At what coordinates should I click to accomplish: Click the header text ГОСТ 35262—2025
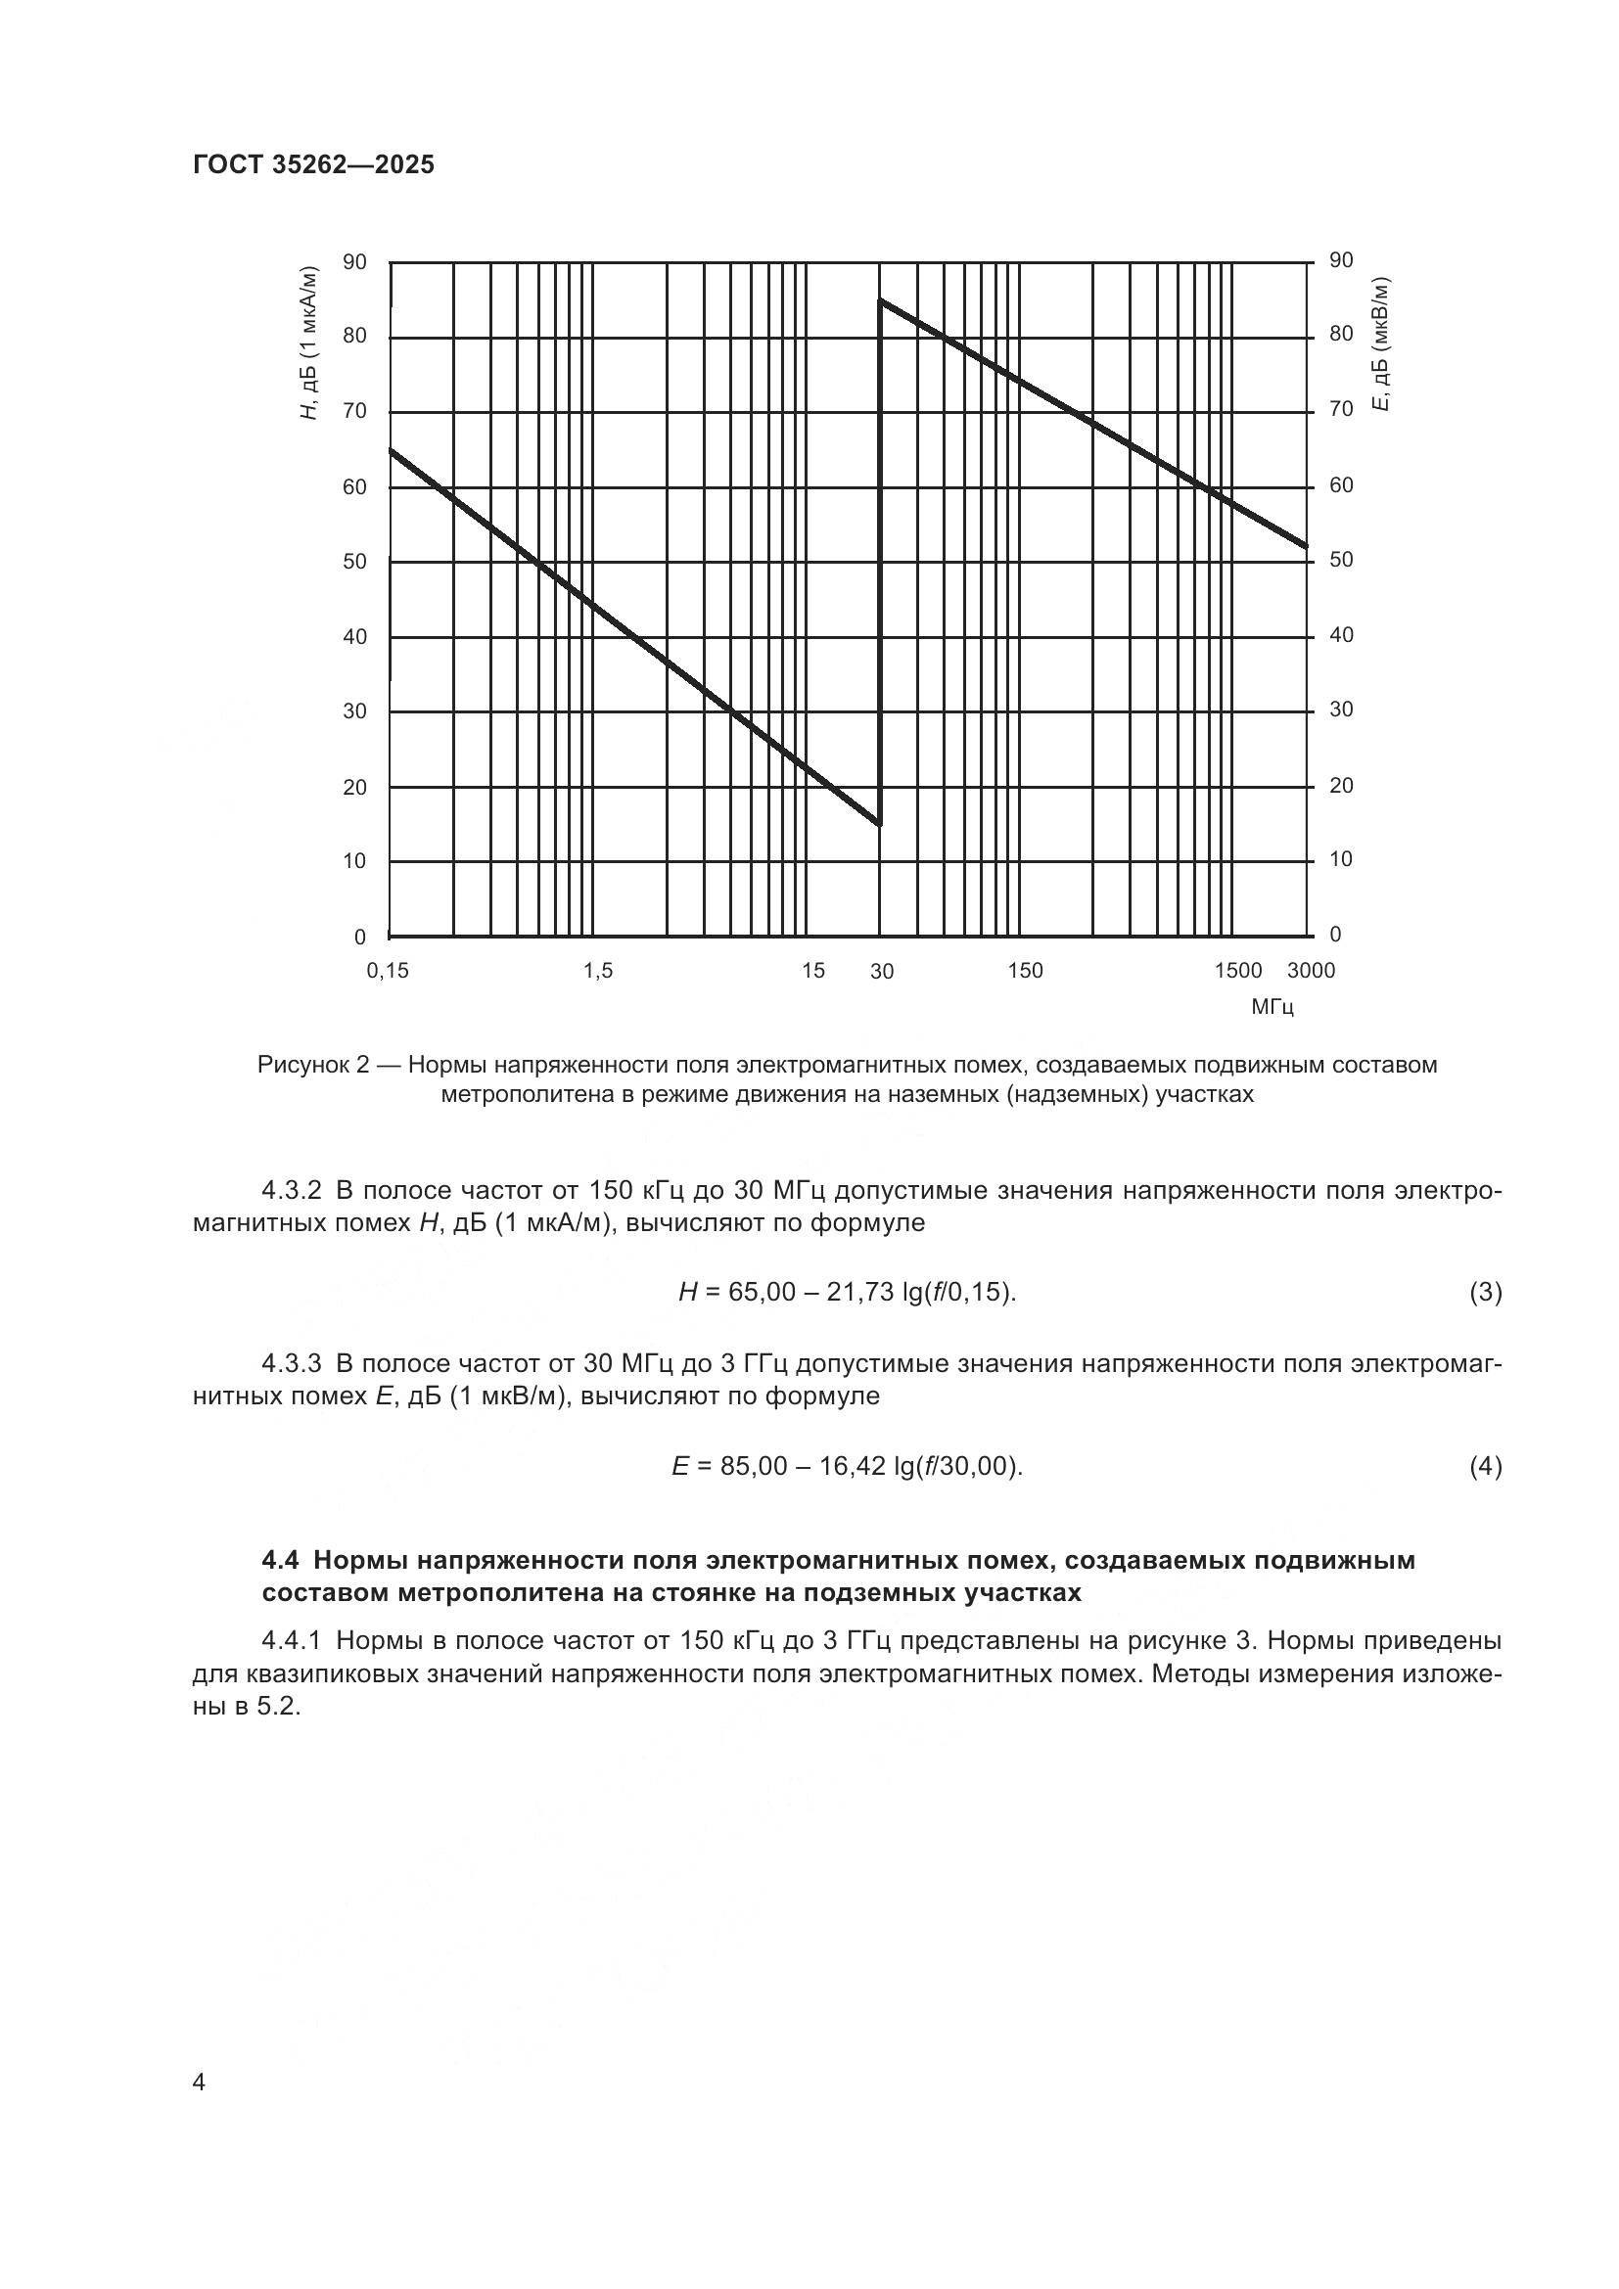tap(314, 164)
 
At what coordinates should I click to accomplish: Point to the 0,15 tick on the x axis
tap(388, 971)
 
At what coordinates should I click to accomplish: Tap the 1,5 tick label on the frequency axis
tap(597, 971)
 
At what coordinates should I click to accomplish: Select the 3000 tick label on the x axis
tap(1311, 971)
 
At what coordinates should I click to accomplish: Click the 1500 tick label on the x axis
tap(1238, 971)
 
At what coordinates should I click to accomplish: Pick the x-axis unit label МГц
tap(1272, 1007)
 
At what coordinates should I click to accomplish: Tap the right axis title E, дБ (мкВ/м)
tap(1381, 343)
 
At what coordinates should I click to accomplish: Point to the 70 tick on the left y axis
tap(355, 411)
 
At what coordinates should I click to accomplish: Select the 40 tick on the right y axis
tap(1341, 635)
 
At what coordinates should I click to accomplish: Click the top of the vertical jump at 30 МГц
tap(879, 299)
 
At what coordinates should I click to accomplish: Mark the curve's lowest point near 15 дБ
tap(878, 823)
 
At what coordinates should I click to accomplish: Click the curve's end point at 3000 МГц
tap(1306, 546)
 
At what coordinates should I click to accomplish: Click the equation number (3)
tap(1486, 1293)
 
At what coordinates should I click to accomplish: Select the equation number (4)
tap(1486, 1467)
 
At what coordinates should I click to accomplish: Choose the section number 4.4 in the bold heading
tap(282, 1560)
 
